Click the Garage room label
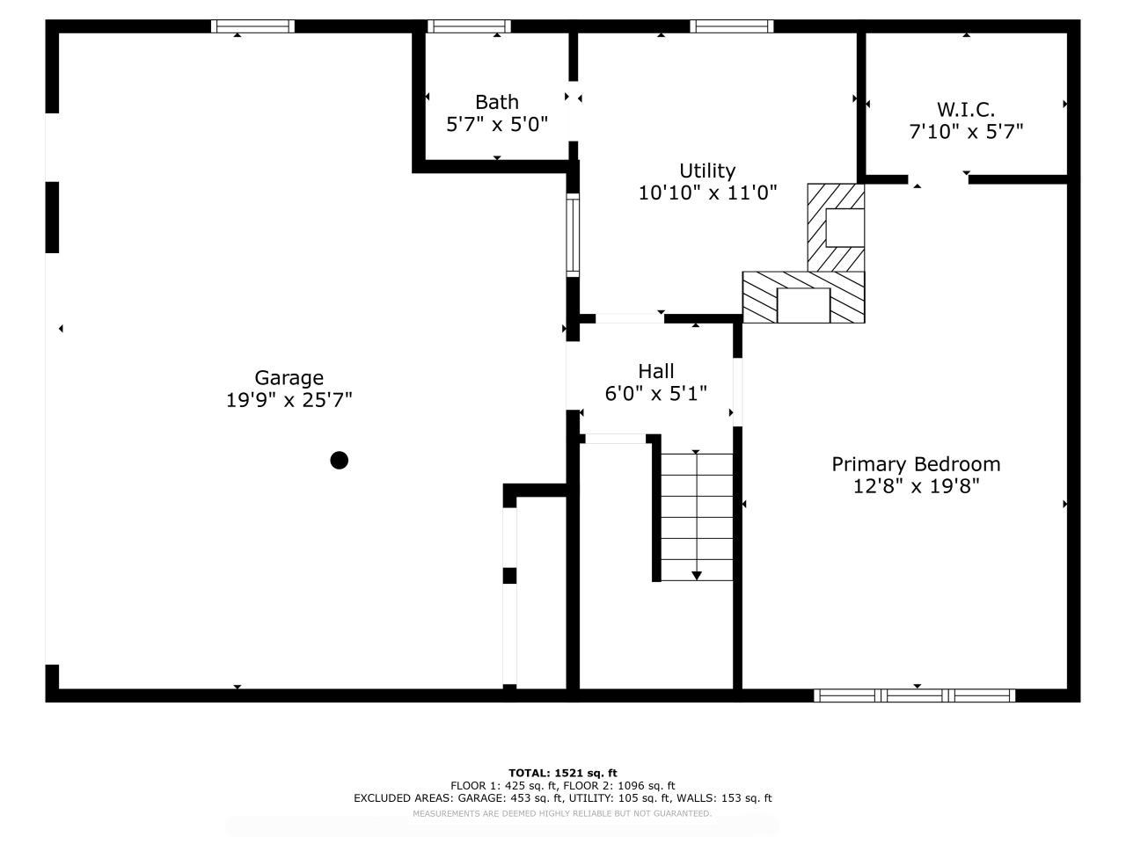click(289, 378)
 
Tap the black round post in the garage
click(339, 460)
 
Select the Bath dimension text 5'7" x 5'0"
click(496, 124)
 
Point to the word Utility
click(707, 171)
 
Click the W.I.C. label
click(966, 110)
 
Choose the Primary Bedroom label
click(916, 464)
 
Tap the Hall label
click(656, 371)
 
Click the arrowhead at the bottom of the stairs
click(696, 576)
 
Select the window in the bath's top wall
click(469, 26)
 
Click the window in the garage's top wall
click(252, 26)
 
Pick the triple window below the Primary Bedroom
click(914, 695)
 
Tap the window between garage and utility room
click(573, 236)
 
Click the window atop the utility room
click(732, 26)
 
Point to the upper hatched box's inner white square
click(844, 228)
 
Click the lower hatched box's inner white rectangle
click(803, 305)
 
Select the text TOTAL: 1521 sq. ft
click(563, 773)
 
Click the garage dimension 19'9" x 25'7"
click(289, 400)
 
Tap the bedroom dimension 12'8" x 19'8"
click(916, 486)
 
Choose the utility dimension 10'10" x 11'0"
click(707, 193)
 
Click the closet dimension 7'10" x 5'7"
click(966, 132)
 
